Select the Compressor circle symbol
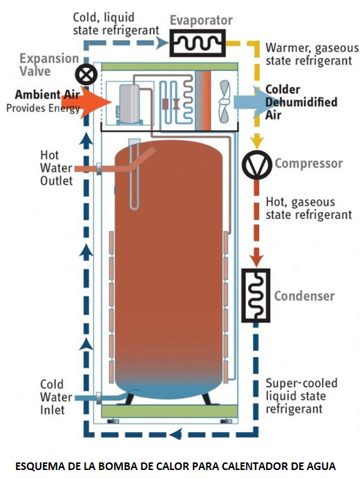point(256,164)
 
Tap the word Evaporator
point(201,21)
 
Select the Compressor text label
point(308,164)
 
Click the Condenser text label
point(304,296)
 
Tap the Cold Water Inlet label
point(52,397)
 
